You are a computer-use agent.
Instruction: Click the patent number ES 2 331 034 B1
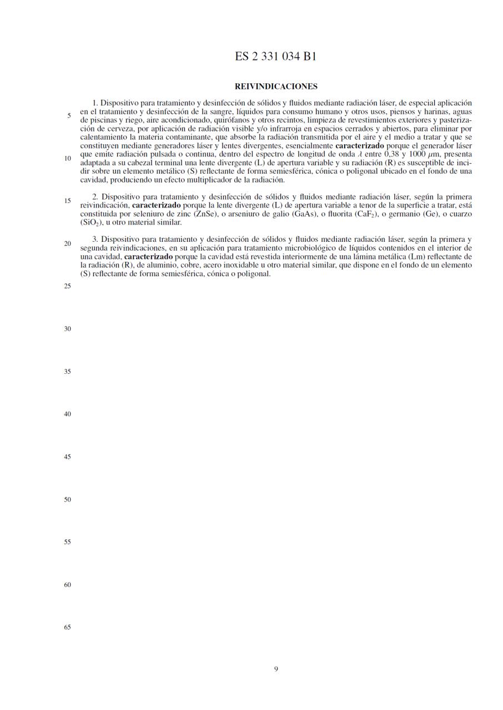[276, 57]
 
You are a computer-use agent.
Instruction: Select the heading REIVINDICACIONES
[276, 87]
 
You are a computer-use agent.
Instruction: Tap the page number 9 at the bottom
[276, 669]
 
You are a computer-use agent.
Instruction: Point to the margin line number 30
[67, 329]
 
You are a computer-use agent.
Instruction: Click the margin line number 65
[67, 627]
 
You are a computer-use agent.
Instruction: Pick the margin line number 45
[67, 457]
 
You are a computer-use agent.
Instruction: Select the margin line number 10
[67, 159]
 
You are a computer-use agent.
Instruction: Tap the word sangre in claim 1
[221, 111]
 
